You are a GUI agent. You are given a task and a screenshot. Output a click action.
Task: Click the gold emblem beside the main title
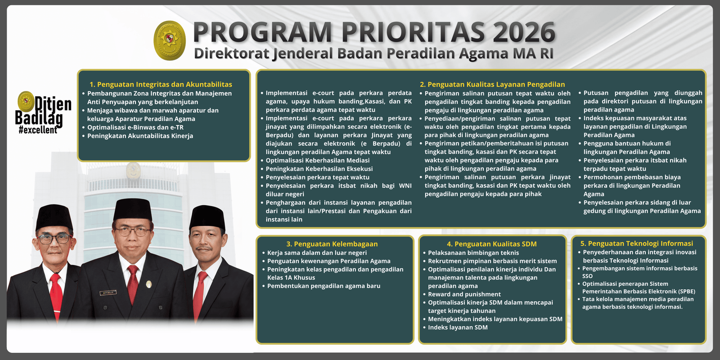170,40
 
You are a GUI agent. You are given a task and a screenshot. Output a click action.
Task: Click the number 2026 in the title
524,32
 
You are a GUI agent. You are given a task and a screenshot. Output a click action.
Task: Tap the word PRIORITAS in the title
413,32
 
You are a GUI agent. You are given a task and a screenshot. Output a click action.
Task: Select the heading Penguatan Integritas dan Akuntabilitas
161,84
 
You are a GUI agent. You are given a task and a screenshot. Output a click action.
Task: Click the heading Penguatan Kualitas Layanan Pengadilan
492,84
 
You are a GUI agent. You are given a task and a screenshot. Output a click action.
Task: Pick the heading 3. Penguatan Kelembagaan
332,244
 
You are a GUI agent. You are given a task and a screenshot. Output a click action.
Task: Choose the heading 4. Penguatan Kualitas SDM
491,244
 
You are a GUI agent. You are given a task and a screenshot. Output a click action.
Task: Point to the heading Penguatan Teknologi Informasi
637,243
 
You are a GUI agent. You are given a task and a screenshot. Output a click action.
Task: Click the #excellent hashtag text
38,130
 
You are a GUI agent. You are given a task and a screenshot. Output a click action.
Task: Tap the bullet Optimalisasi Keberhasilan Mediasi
317,160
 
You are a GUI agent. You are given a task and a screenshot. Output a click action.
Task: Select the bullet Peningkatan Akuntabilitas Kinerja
140,136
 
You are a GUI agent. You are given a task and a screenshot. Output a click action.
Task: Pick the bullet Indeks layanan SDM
458,328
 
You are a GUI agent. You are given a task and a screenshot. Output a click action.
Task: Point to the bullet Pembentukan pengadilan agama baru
324,286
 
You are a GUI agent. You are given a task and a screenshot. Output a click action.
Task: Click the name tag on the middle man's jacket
108,292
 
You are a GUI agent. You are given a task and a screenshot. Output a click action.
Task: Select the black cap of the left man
54,217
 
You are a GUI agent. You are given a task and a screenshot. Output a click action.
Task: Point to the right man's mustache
204,248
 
